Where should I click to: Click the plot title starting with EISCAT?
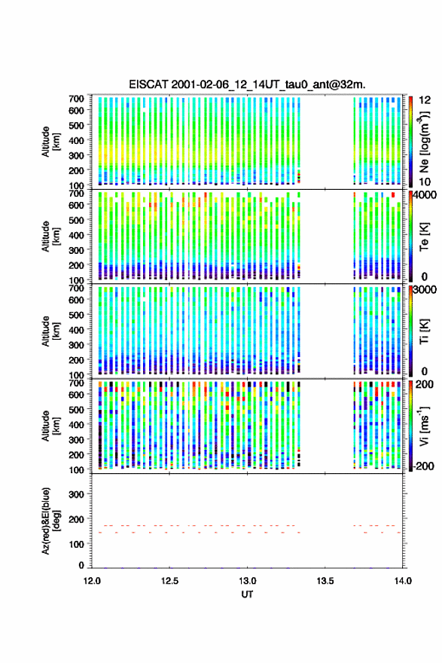pyautogui.click(x=247, y=84)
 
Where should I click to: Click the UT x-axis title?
pyautogui.click(x=247, y=594)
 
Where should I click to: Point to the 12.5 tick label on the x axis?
pyautogui.click(x=169, y=581)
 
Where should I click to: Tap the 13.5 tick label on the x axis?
pyautogui.click(x=325, y=581)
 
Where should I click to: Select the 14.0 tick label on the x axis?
pyautogui.click(x=403, y=581)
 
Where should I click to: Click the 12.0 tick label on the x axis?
pyautogui.click(x=92, y=581)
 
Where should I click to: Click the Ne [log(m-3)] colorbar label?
pyautogui.click(x=424, y=142)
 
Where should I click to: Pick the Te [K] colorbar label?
pyautogui.click(x=424, y=237)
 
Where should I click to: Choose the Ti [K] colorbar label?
pyautogui.click(x=424, y=331)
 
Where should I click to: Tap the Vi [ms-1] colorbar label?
pyautogui.click(x=424, y=426)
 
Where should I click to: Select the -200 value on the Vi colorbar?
pyautogui.click(x=422, y=466)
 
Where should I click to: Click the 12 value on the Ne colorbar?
pyautogui.click(x=424, y=100)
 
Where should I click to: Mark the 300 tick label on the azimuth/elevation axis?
pyautogui.click(x=76, y=494)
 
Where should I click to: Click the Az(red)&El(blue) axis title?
pyautogui.click(x=50, y=521)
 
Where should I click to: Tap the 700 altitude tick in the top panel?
pyautogui.click(x=76, y=99)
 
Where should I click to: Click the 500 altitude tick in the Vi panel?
pyautogui.click(x=76, y=409)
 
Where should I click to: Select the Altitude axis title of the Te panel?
pyautogui.click(x=50, y=237)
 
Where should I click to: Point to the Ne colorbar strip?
pyautogui.click(x=410, y=141)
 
